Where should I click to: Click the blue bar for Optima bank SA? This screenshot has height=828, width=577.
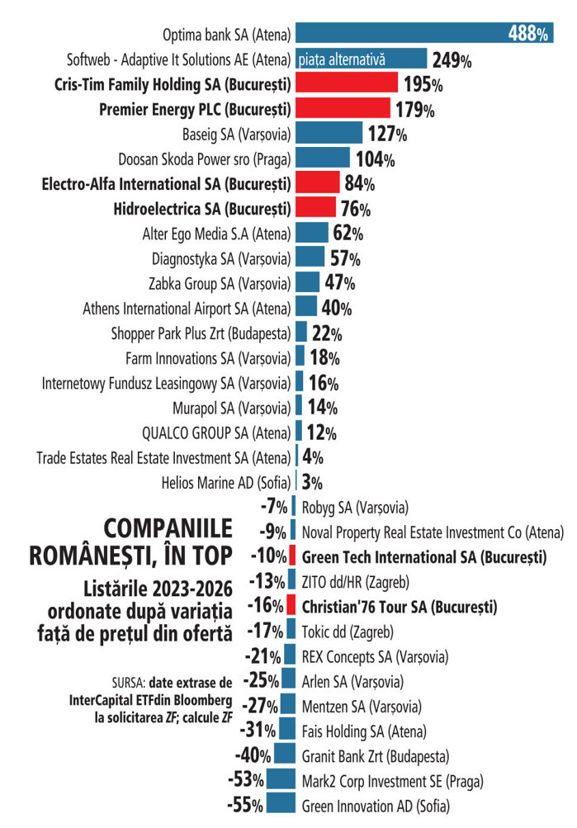pos(424,33)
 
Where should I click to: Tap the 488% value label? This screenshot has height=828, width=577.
pos(528,34)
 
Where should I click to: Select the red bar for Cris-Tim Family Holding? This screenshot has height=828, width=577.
pos(347,83)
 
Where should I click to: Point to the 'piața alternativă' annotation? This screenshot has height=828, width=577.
pos(342,59)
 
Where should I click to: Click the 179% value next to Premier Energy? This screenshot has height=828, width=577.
pos(415,110)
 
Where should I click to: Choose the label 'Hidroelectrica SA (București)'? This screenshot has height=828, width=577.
pos(202,209)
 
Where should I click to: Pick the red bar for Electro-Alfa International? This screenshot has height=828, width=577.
pos(317,182)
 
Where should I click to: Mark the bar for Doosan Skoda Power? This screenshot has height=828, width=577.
pos(323,158)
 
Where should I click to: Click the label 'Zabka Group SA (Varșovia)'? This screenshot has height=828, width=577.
pos(220,284)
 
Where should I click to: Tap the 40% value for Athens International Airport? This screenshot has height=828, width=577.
pos(336,308)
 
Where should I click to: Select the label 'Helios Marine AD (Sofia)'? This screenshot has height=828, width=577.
pos(226,483)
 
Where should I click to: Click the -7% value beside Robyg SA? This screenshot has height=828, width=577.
pos(274,507)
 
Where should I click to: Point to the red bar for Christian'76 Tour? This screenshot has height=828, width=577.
pos(291,604)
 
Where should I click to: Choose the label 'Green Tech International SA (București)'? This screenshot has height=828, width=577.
pos(424,557)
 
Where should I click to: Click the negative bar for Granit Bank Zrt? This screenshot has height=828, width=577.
pos(285,753)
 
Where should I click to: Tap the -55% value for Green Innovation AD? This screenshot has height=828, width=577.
pos(245,805)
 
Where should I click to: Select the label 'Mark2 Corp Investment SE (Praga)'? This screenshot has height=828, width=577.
pos(392,781)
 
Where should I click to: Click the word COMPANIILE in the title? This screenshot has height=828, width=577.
pos(168,528)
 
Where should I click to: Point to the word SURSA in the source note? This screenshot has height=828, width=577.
pos(128,683)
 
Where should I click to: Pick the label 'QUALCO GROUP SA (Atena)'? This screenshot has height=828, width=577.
pos(216,433)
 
